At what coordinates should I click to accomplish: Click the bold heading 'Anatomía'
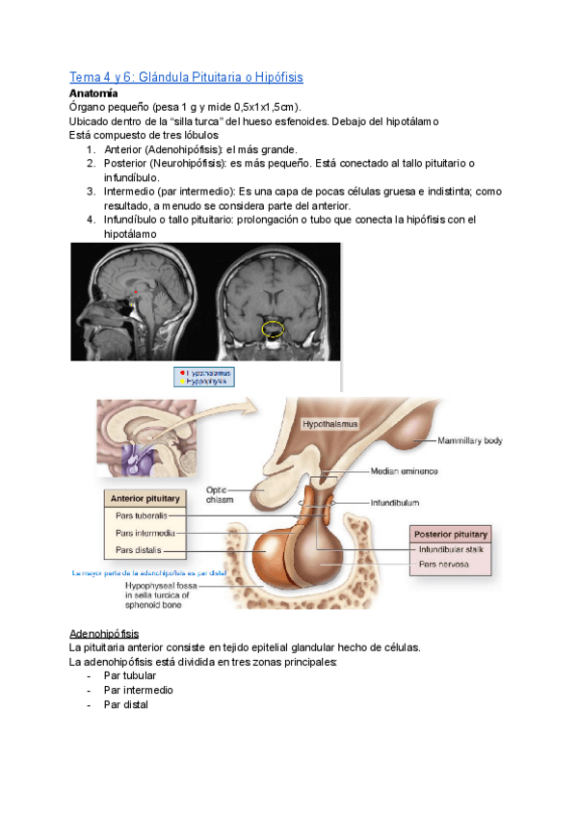[x=93, y=93]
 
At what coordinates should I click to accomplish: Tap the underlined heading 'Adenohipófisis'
[x=104, y=634]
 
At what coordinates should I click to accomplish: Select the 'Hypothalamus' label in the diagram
[x=330, y=423]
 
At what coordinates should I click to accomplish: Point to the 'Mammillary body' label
[x=469, y=440]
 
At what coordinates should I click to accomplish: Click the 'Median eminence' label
[x=404, y=471]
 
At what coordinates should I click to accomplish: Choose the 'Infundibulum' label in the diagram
[x=398, y=502]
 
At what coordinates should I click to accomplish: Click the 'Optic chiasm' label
[x=221, y=493]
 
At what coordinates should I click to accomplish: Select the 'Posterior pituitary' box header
[x=450, y=534]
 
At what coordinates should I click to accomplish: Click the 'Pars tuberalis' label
[x=141, y=515]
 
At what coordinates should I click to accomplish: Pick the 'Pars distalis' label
[x=138, y=550]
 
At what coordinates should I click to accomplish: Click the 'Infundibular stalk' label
[x=450, y=549]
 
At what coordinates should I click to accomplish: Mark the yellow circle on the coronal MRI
[x=274, y=329]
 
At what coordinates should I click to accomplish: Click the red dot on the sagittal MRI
[x=137, y=290]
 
